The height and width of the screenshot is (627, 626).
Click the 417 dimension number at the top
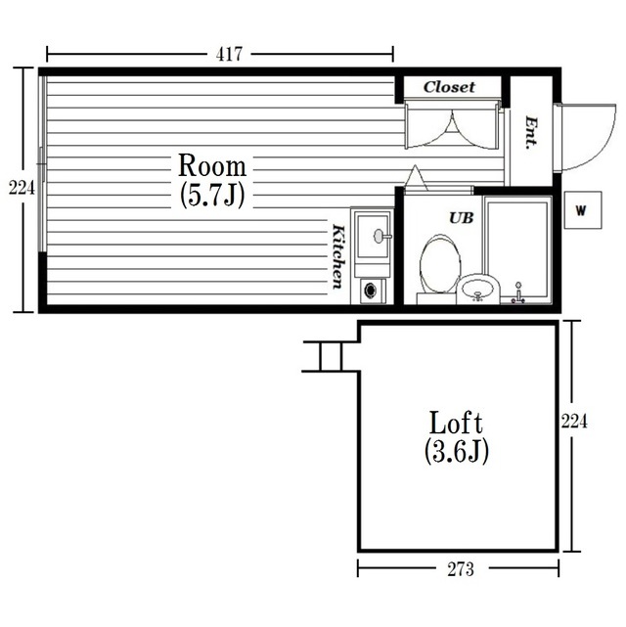pos(229,55)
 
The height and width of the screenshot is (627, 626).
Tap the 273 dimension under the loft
pos(461,569)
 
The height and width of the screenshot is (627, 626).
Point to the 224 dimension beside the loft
pos(574,421)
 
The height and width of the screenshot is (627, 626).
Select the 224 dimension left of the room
pos(22,187)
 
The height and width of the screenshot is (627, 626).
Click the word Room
pos(212,165)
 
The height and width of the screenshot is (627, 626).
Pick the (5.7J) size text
pos(212,195)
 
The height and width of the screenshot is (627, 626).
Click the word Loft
pos(456,423)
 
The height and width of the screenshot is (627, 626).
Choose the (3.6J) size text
pos(456,452)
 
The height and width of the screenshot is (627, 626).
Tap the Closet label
pos(449,87)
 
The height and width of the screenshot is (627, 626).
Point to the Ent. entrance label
pos(531,133)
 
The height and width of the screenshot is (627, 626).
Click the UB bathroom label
pos(462,218)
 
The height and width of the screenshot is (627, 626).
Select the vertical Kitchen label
pos(338,256)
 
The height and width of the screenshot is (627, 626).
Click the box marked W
pos(583,210)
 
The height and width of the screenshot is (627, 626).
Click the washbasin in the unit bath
pos(478,289)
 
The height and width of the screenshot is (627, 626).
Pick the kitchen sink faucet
pos(382,236)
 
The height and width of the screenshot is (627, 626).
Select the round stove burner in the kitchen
pos(370,291)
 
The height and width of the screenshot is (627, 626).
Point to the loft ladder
pos(331,357)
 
